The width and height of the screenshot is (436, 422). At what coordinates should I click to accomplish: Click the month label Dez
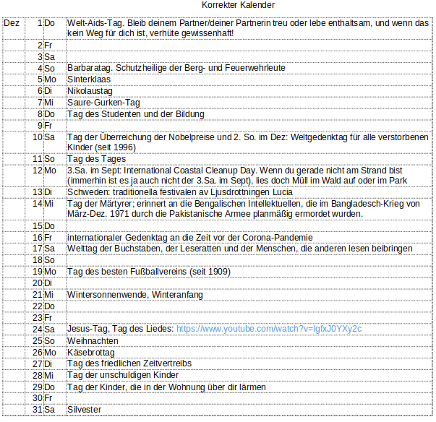click(x=12, y=23)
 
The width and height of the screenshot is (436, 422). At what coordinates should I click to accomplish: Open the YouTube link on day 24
click(x=269, y=329)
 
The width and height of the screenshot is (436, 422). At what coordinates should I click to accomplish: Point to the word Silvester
click(x=84, y=410)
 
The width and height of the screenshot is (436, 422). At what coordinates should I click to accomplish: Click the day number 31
click(x=38, y=410)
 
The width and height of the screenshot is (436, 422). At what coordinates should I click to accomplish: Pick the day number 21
click(x=38, y=295)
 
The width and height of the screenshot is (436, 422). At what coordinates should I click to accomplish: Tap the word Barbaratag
click(x=89, y=68)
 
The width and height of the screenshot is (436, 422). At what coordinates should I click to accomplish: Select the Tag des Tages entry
click(x=96, y=158)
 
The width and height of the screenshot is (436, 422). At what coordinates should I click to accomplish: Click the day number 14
click(x=38, y=204)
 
